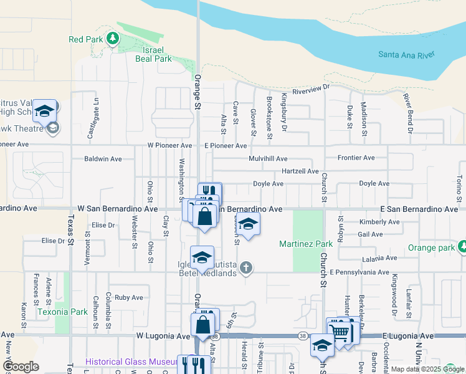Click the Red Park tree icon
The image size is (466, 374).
click(x=113, y=39)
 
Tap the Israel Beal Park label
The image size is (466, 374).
click(x=153, y=54)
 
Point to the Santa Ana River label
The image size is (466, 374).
click(x=406, y=55)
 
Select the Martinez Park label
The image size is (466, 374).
click(x=305, y=243)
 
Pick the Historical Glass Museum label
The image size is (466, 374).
click(x=131, y=362)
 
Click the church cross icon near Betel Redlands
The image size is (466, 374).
click(x=246, y=268)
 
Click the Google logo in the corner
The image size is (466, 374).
click(x=21, y=366)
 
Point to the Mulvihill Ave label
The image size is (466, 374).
click(x=268, y=159)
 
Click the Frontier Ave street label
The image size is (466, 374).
click(x=356, y=158)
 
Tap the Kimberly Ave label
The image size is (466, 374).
click(x=379, y=222)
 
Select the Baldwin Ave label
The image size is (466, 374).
click(x=103, y=159)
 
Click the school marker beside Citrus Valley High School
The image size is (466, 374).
click(x=45, y=111)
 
